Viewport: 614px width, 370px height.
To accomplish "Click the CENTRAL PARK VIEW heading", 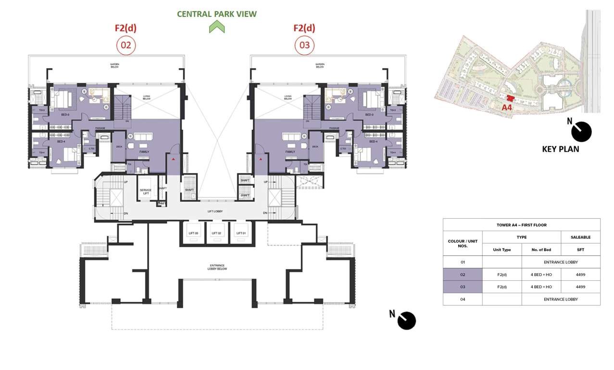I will [x=216, y=14].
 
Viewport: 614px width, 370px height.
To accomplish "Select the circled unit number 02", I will [x=126, y=46].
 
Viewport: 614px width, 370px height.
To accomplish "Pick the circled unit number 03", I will [x=304, y=46].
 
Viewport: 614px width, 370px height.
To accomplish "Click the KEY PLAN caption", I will [x=560, y=149].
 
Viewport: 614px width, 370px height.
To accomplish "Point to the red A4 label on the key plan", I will [x=507, y=107].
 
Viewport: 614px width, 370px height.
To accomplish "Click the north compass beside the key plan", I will [x=581, y=132].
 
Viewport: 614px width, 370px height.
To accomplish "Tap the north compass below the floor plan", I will [x=406, y=320].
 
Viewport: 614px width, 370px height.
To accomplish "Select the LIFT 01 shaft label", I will [x=241, y=233].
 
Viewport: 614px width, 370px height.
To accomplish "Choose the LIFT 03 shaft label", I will [x=192, y=233].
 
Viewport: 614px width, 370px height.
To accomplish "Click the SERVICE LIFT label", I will [x=145, y=192].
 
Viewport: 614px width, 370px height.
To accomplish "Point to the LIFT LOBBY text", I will [x=215, y=211].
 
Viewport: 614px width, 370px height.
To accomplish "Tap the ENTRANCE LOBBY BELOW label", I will [x=217, y=267].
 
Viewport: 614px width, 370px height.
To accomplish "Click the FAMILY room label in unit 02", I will [x=144, y=152].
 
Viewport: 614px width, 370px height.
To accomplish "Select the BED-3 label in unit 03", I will [x=369, y=115].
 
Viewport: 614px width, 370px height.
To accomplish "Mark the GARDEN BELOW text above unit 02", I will [x=113, y=66].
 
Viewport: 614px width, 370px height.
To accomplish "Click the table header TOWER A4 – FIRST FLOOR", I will [x=521, y=225].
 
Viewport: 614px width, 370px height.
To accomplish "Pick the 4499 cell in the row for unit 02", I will [x=580, y=275].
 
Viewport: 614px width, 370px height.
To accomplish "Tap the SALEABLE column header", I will [x=580, y=237].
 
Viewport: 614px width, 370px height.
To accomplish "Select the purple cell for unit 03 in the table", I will [x=462, y=287].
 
